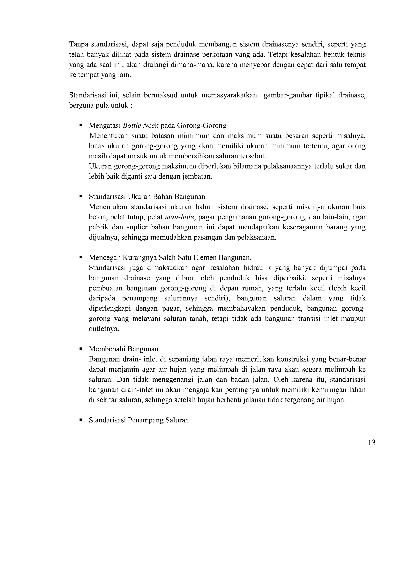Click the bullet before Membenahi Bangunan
(x=81, y=349)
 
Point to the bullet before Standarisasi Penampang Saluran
(x=81, y=420)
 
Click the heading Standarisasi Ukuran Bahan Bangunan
(x=147, y=197)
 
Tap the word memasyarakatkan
(x=229, y=95)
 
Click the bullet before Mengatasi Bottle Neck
(x=81, y=125)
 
